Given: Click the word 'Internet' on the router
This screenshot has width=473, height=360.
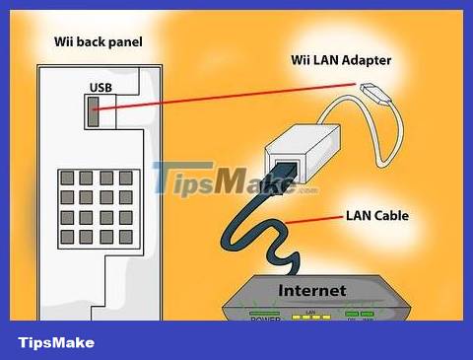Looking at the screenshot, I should [312, 290].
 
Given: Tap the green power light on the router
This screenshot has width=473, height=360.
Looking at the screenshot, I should [266, 314].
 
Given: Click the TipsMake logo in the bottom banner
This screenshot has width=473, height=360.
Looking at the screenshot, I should [56, 342].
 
